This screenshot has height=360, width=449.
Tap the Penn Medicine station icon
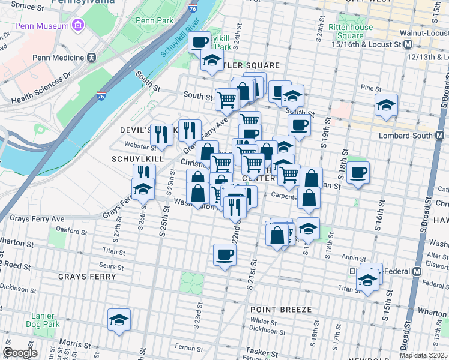tap(91, 58)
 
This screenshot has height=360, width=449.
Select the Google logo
tap(20, 353)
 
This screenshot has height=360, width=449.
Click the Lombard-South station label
tap(409, 136)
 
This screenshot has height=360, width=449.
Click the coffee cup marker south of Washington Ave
tap(224, 254)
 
